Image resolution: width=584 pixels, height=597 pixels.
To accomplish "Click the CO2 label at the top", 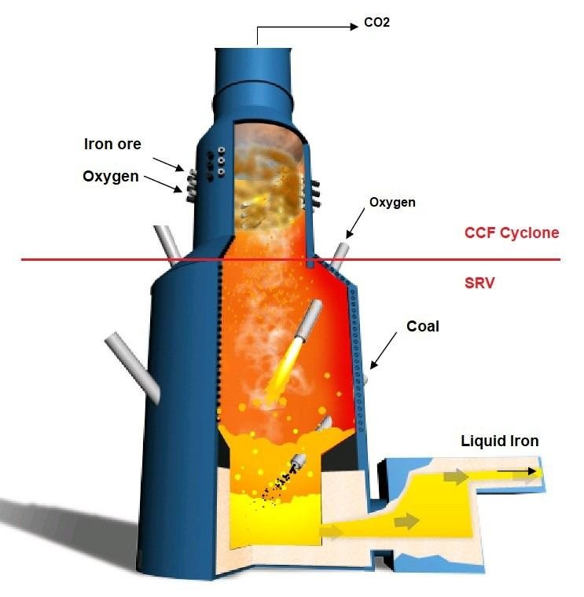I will tap(376, 23).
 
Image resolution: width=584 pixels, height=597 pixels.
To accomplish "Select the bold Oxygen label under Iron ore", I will tap(111, 176).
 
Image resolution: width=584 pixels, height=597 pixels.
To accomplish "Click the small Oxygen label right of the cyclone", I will tap(392, 203).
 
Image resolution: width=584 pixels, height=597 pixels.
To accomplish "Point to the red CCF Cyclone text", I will tap(512, 233).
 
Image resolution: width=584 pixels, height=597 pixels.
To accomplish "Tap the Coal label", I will tap(423, 326).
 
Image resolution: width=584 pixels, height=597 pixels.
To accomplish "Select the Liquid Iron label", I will tap(500, 441).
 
